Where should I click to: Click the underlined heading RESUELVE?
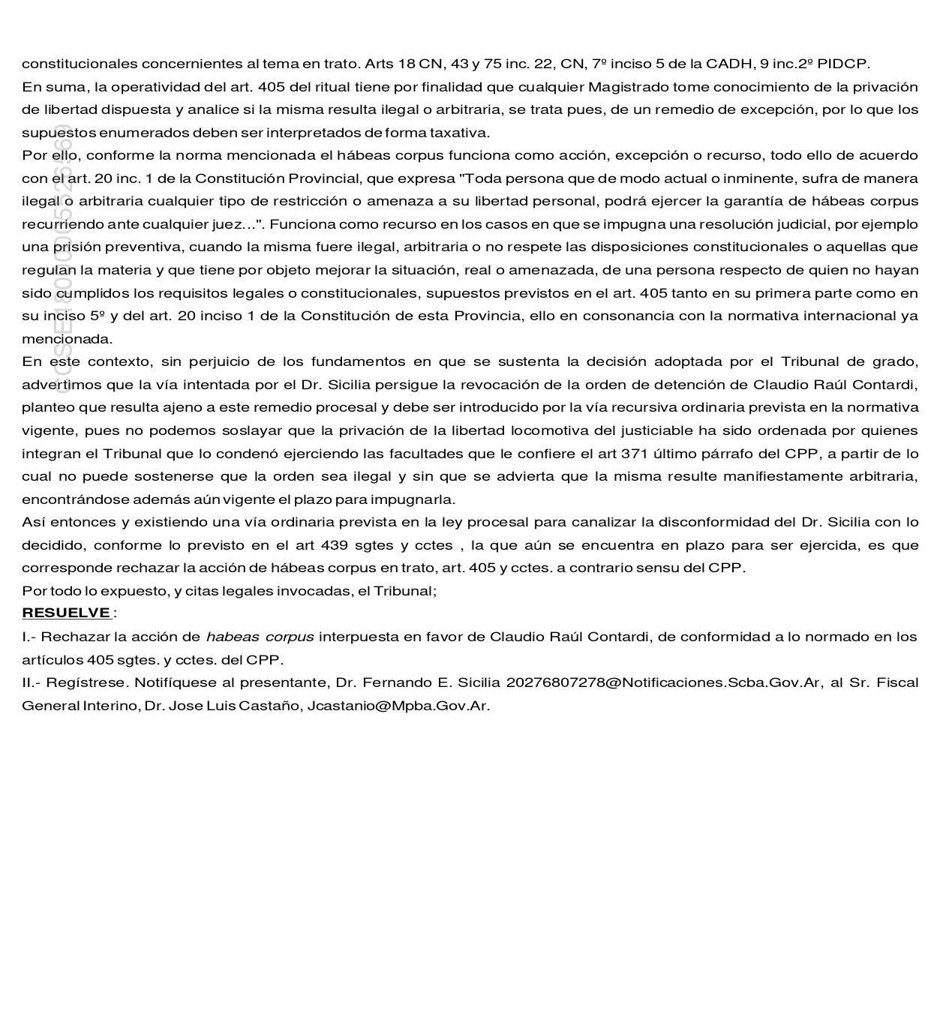(x=66, y=613)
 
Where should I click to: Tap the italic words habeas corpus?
(x=260, y=637)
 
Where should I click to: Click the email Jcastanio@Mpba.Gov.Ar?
(x=398, y=706)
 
